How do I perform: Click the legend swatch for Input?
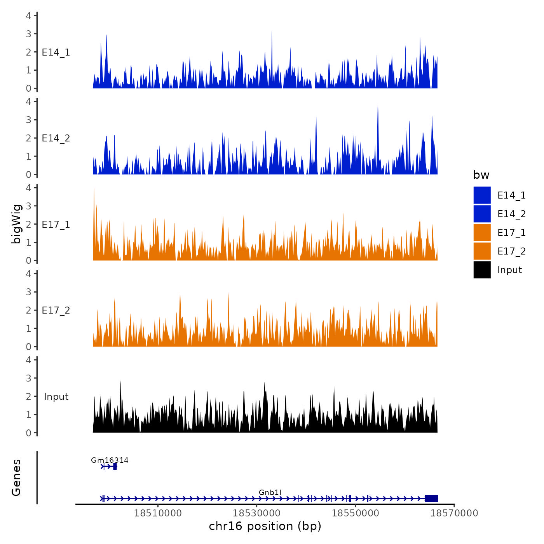[x=482, y=270]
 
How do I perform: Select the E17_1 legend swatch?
[x=482, y=232]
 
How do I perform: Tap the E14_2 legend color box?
[x=482, y=214]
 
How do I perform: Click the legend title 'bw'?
[x=481, y=175]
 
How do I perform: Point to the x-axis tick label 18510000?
[x=158, y=513]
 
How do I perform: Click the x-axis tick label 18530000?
[x=256, y=513]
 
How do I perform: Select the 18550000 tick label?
[x=355, y=513]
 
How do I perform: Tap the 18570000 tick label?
[x=454, y=513]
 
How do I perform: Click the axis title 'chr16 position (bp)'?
[x=265, y=526]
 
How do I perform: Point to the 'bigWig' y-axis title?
[x=16, y=224]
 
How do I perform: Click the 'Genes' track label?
[x=16, y=478]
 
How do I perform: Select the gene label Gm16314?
[x=110, y=460]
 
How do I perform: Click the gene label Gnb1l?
[x=270, y=492]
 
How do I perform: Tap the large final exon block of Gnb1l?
[x=431, y=499]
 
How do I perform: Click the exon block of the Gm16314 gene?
[x=115, y=466]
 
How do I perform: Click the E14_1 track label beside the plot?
[x=56, y=52]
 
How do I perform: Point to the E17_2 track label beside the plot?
[x=56, y=310]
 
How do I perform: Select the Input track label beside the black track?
[x=56, y=396]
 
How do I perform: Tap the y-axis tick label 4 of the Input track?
[x=29, y=360]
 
